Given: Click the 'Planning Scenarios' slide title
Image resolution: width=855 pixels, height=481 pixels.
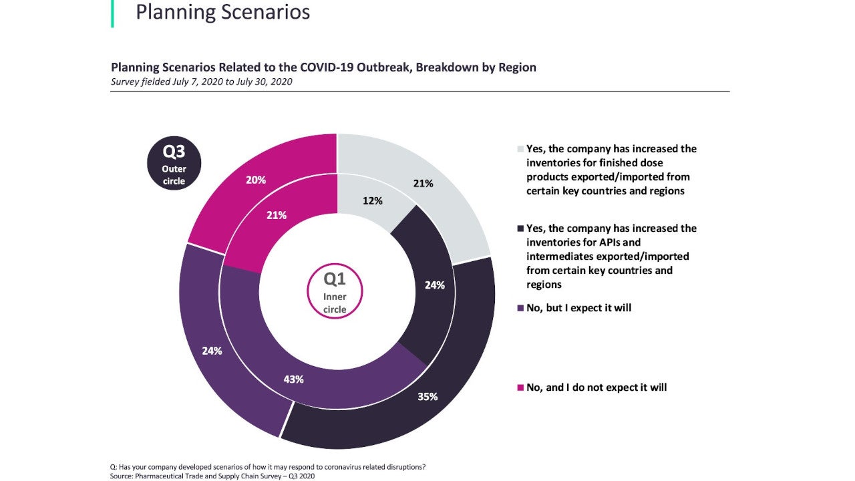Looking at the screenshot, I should [222, 12].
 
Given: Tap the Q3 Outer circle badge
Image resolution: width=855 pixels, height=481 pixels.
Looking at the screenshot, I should [174, 163].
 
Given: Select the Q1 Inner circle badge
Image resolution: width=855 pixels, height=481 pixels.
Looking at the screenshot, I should [335, 292].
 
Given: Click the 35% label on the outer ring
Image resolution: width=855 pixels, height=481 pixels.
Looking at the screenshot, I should [427, 396].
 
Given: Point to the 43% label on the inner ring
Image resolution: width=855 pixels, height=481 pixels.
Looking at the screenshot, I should [293, 379].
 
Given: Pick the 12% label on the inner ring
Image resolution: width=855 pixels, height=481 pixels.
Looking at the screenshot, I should [372, 200].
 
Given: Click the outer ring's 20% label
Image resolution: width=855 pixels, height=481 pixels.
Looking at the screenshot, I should [256, 180].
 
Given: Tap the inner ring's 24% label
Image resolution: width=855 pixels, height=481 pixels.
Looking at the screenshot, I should [434, 285].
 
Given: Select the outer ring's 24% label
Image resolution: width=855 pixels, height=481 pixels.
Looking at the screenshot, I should [212, 350].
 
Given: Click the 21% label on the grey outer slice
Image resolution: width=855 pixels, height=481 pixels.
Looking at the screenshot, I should [423, 183].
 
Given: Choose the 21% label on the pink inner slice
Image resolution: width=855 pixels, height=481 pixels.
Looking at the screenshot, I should [277, 215].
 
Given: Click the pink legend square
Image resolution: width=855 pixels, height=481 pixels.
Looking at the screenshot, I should [520, 387].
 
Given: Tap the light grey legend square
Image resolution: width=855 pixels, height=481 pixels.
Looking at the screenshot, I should [520, 149].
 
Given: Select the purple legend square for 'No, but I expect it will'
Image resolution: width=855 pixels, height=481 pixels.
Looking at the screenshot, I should [520, 308].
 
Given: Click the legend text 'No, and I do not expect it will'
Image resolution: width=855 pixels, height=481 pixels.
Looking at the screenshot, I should [596, 387].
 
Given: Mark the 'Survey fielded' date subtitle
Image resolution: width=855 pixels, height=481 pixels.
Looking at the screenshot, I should [201, 82].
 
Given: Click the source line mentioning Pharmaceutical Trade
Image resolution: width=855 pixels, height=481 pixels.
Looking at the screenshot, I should [212, 476].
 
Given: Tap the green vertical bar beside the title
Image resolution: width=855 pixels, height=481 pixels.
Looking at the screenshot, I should [112, 13].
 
